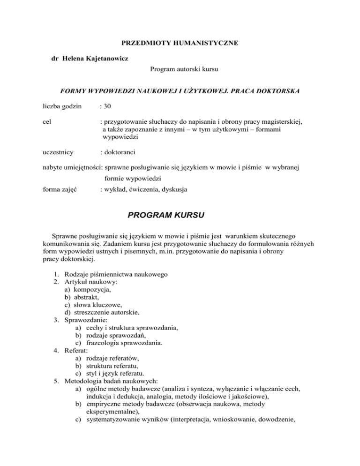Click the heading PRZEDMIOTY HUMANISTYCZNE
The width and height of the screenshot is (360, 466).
coord(180,43)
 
